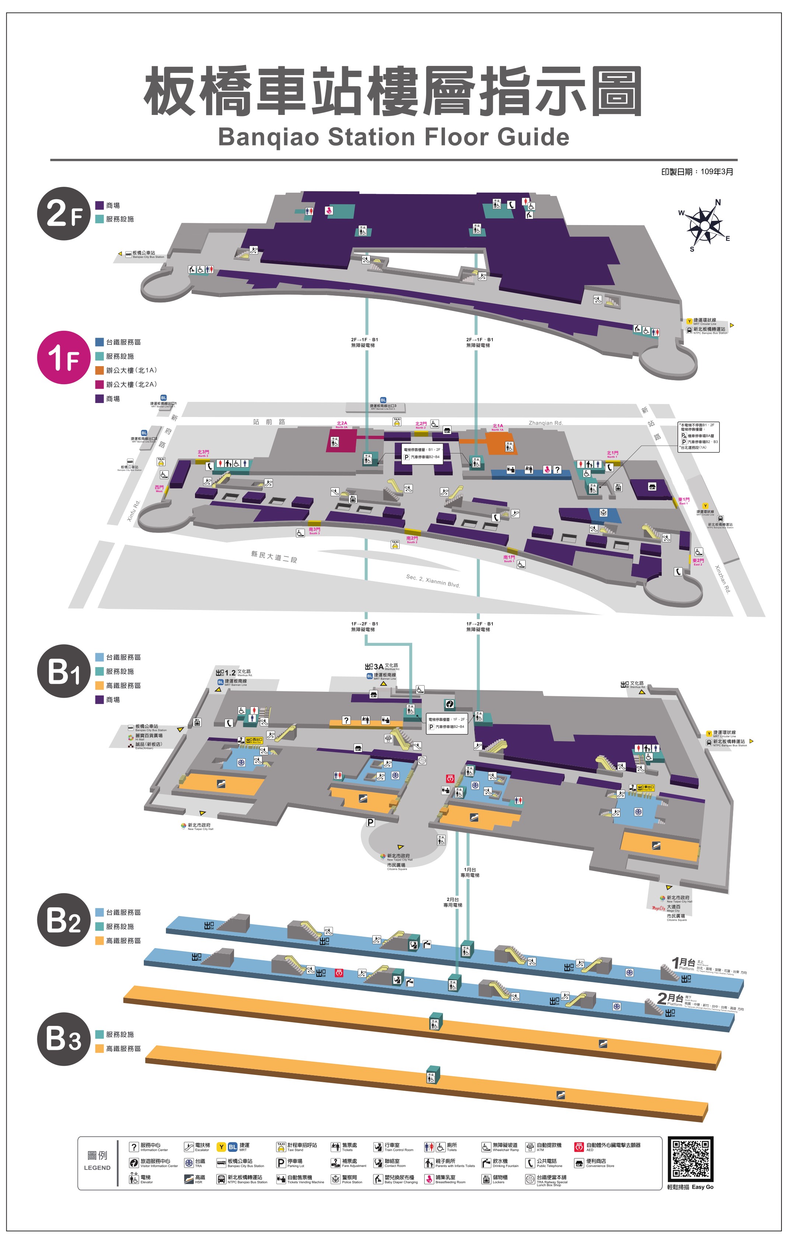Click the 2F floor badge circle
pos(63,213)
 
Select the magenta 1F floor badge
pos(63,357)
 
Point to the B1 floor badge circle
pos(63,671)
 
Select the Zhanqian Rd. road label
pos(546,423)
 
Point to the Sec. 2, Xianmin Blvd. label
pos(433,581)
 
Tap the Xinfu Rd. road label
pos(134,511)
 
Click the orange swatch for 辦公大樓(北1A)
pos(100,370)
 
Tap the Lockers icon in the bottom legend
pos(486,1179)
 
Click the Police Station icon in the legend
pos(335,1179)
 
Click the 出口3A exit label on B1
pos(378,667)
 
